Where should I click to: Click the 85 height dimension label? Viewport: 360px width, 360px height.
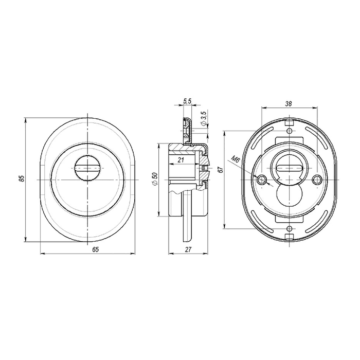click(21, 178)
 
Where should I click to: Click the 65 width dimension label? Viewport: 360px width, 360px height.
click(96, 249)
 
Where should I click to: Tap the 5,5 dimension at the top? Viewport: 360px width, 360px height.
click(187, 101)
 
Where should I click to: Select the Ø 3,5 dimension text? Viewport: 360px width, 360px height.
click(204, 118)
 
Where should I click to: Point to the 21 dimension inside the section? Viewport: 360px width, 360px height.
click(181, 160)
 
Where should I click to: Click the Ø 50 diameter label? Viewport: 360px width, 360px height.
click(155, 179)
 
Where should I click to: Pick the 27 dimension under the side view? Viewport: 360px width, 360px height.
click(188, 249)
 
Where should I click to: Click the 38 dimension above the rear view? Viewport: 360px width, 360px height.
click(289, 103)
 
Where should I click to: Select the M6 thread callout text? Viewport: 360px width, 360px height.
click(235, 159)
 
